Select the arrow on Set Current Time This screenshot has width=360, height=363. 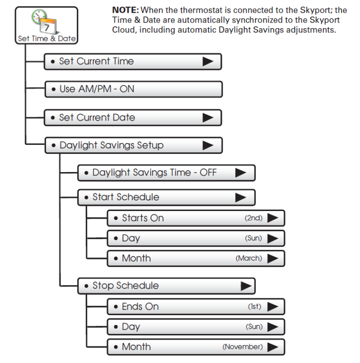coord(208,61)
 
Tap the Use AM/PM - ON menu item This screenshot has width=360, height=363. coord(97,89)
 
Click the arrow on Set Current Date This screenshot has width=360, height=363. coord(208,118)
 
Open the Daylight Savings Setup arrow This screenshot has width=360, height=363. coord(208,145)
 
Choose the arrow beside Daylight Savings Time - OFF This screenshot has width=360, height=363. coord(240,173)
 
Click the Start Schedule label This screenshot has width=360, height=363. coord(126,197)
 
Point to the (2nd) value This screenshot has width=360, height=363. coord(254,218)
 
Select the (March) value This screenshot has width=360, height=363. coord(249,258)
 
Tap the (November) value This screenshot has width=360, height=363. coord(242,347)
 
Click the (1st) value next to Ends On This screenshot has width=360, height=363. coord(255,307)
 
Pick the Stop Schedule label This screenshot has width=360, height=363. coord(125,286)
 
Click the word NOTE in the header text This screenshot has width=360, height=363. coord(125,10)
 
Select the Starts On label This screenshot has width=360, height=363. coord(142,218)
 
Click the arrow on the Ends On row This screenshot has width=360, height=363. coord(273,307)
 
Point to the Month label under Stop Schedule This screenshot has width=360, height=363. coord(136,347)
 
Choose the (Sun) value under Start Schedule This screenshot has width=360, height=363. coord(254,238)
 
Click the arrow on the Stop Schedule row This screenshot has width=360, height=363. coord(245,286)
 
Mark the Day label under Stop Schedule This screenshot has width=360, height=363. coord(131,327)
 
